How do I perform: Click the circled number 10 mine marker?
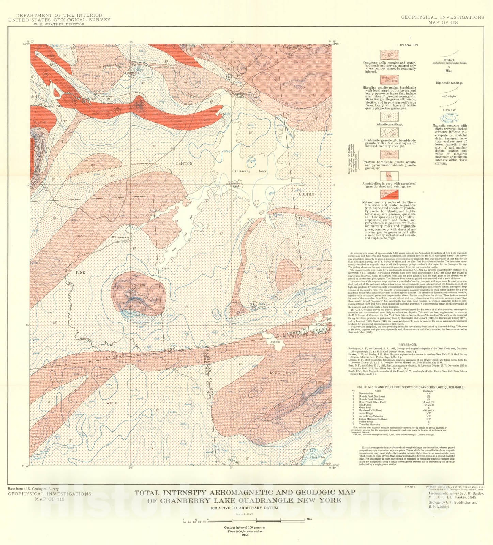pos(45,74)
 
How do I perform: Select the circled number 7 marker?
pos(134,76)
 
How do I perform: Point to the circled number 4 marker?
pos(229,77)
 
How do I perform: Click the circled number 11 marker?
pos(299,218)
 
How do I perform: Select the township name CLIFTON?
pos(184,163)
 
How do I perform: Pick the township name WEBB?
pos(112,403)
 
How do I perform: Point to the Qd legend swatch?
pos(389,54)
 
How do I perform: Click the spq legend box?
pos(389,154)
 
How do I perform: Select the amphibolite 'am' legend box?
pos(389,176)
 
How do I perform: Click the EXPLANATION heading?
pos(407,45)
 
